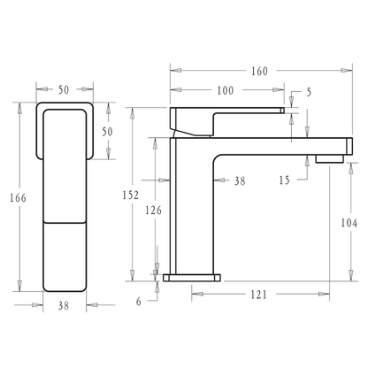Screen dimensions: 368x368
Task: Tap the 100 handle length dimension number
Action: click(x=225, y=91)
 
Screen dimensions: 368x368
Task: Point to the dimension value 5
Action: click(x=309, y=91)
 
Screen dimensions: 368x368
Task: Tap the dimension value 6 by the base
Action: click(x=140, y=300)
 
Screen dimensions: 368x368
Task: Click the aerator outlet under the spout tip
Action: click(x=327, y=159)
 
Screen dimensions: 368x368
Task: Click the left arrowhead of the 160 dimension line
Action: click(x=172, y=71)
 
